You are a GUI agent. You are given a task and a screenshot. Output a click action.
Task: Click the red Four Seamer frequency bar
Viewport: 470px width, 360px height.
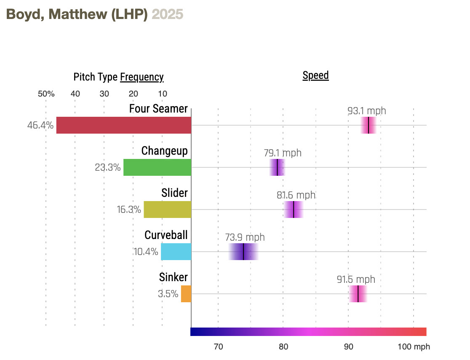tap(123, 125)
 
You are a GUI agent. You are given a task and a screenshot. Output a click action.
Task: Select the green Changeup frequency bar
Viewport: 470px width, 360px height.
tap(157, 167)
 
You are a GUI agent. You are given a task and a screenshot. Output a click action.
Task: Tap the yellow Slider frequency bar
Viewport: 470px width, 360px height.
tap(167, 210)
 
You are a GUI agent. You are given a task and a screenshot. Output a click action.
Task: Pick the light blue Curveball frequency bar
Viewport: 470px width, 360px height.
tap(176, 252)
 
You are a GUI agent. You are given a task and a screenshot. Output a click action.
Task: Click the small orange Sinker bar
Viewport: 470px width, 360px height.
tap(186, 294)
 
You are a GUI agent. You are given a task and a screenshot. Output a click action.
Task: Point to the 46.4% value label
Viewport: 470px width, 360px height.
tap(40, 125)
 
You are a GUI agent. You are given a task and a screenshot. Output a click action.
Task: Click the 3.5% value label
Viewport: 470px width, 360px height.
tap(168, 294)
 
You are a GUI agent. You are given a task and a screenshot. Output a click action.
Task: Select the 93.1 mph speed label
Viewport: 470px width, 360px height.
tap(366, 111)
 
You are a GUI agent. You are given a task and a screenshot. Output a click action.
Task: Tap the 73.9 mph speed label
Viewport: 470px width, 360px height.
tap(245, 237)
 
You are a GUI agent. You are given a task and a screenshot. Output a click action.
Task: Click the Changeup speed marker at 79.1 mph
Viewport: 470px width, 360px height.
tap(277, 167)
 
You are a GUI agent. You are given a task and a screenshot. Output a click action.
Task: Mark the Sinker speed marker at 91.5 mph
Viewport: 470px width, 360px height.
tap(358, 294)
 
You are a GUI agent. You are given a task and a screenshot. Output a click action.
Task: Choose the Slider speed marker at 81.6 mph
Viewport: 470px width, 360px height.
tap(294, 210)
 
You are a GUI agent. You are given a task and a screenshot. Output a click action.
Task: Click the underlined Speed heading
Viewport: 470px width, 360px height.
tap(315, 75)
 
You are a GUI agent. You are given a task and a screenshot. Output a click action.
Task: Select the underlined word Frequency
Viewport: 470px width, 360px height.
tap(142, 77)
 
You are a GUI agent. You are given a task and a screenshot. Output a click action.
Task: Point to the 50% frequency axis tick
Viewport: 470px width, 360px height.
tap(46, 94)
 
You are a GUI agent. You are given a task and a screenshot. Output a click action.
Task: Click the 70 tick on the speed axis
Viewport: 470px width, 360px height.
tap(218, 347)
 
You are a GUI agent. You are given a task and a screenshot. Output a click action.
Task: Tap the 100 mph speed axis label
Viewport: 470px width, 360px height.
tap(414, 347)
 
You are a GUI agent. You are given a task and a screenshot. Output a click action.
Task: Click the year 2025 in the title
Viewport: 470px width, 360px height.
tap(167, 14)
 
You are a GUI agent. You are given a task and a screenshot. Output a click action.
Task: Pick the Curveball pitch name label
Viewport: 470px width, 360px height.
tap(166, 235)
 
